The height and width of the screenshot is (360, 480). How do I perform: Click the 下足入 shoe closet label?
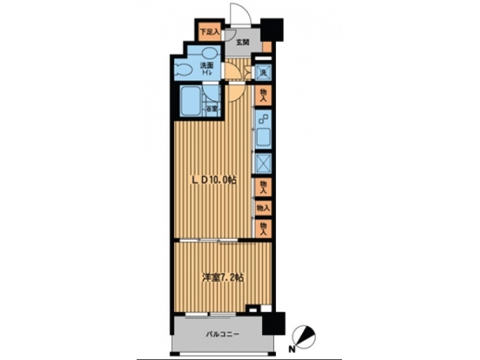click(x=210, y=31)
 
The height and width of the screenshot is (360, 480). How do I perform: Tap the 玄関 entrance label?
click(x=242, y=43)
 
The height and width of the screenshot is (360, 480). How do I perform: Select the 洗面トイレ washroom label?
click(x=207, y=68)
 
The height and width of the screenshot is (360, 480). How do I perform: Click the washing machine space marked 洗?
click(x=264, y=71)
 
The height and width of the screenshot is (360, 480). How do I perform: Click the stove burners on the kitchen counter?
click(x=264, y=121)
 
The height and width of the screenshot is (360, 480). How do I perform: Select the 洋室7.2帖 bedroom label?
click(x=221, y=277)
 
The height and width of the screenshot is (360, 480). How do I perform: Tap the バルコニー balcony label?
click(x=223, y=335)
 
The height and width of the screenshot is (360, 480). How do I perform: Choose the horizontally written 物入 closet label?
click(x=264, y=208)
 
